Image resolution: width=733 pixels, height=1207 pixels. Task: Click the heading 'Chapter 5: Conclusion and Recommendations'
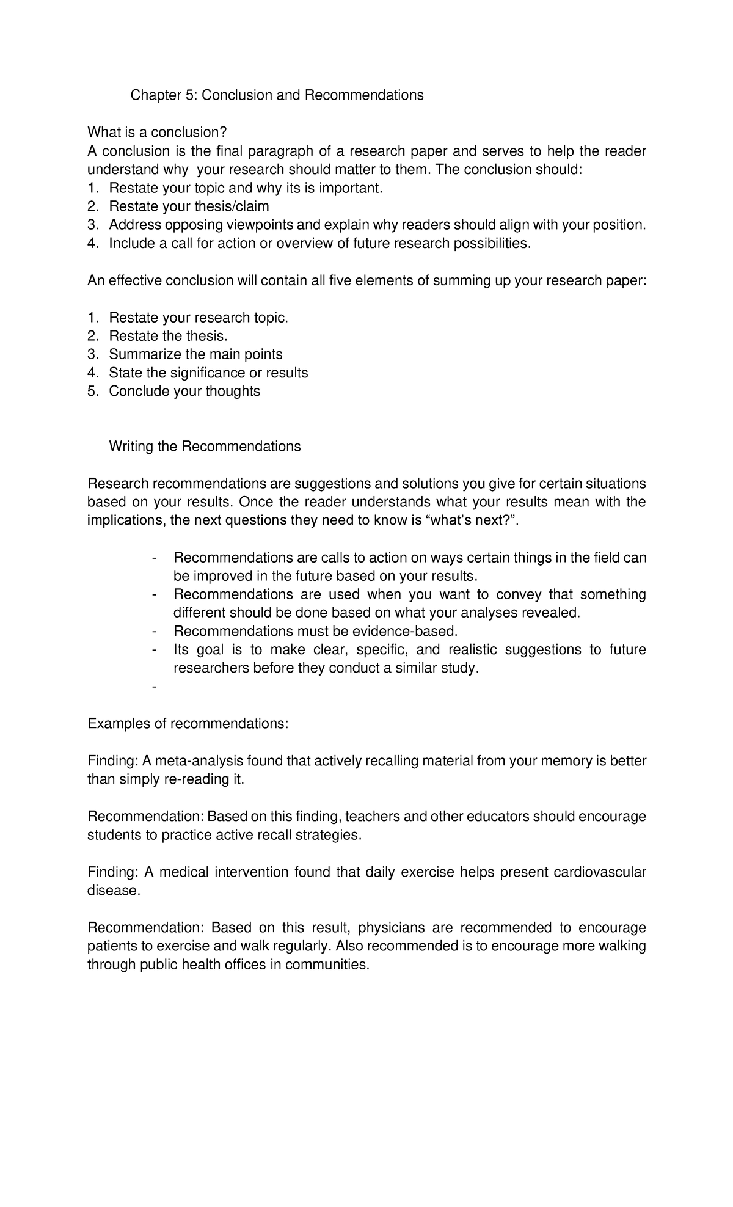click(x=277, y=95)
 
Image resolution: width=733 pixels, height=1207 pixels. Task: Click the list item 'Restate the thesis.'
click(x=168, y=336)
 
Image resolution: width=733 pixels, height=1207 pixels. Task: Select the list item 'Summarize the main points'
click(x=195, y=354)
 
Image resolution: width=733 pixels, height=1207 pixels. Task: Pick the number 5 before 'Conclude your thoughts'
click(x=92, y=391)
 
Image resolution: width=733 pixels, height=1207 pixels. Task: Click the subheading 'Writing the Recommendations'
click(x=205, y=447)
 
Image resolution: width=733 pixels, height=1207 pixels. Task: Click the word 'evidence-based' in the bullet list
click(x=410, y=631)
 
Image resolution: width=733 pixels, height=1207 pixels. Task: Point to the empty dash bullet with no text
click(x=153, y=687)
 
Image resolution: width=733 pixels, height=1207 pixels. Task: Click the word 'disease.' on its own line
click(x=114, y=891)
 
